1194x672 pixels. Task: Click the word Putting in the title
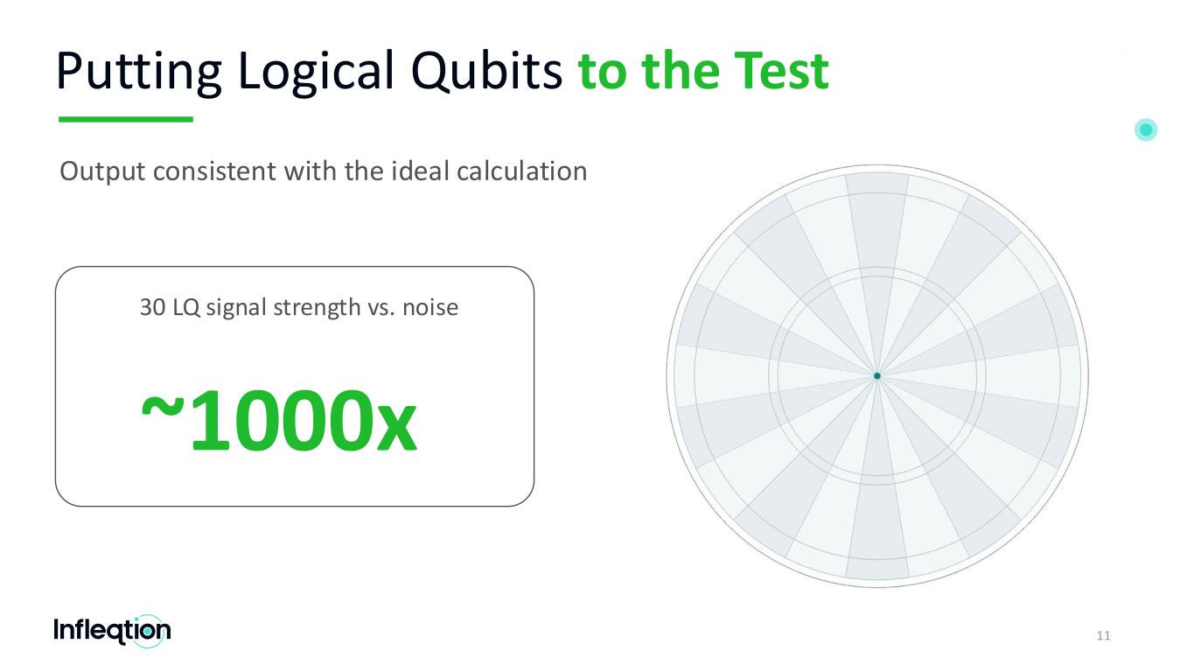pos(138,72)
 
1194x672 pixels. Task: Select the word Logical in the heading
pos(316,72)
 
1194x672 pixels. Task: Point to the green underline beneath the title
pos(126,120)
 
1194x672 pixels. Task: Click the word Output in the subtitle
pos(102,171)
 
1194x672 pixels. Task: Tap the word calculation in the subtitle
pos(522,171)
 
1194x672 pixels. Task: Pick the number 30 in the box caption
pos(152,307)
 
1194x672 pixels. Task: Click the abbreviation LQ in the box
pos(185,308)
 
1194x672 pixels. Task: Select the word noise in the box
pos(430,308)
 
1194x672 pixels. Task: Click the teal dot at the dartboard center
pos(876,376)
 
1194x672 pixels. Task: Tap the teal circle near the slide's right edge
pos(1146,129)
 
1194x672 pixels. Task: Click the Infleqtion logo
pos(112,631)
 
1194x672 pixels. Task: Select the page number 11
pos(1103,635)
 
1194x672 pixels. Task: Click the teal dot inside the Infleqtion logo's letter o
pos(148,632)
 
